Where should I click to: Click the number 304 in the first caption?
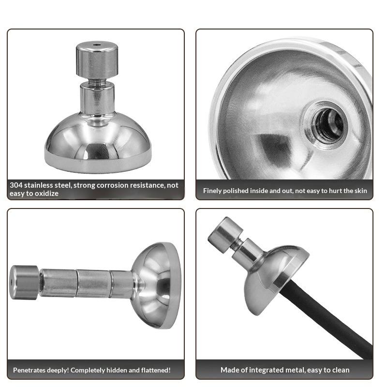[16, 185]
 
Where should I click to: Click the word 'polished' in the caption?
[236, 191]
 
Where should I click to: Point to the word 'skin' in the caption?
[361, 191]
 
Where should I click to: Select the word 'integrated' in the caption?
[264, 370]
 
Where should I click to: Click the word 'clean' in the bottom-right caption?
[341, 370]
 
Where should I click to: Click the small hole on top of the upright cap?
[97, 45]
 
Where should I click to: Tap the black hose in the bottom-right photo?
[326, 318]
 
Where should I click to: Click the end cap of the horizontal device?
[24, 283]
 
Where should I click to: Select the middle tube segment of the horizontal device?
[93, 283]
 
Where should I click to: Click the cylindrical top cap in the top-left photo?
[97, 60]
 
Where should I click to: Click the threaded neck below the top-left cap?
[97, 82]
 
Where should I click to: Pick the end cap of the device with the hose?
[225, 235]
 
